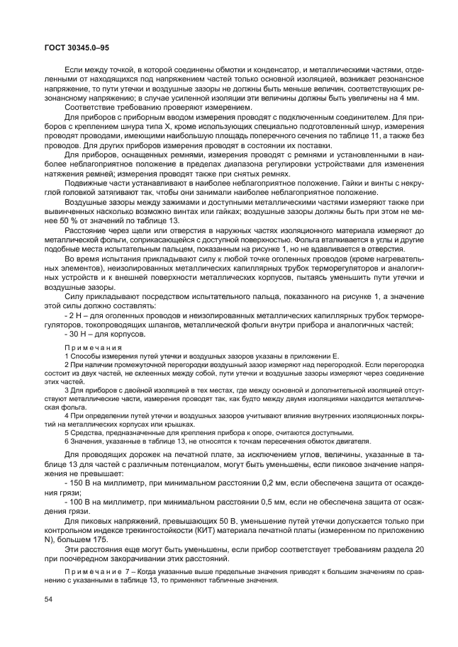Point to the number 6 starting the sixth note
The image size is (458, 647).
tap(67, 441)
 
